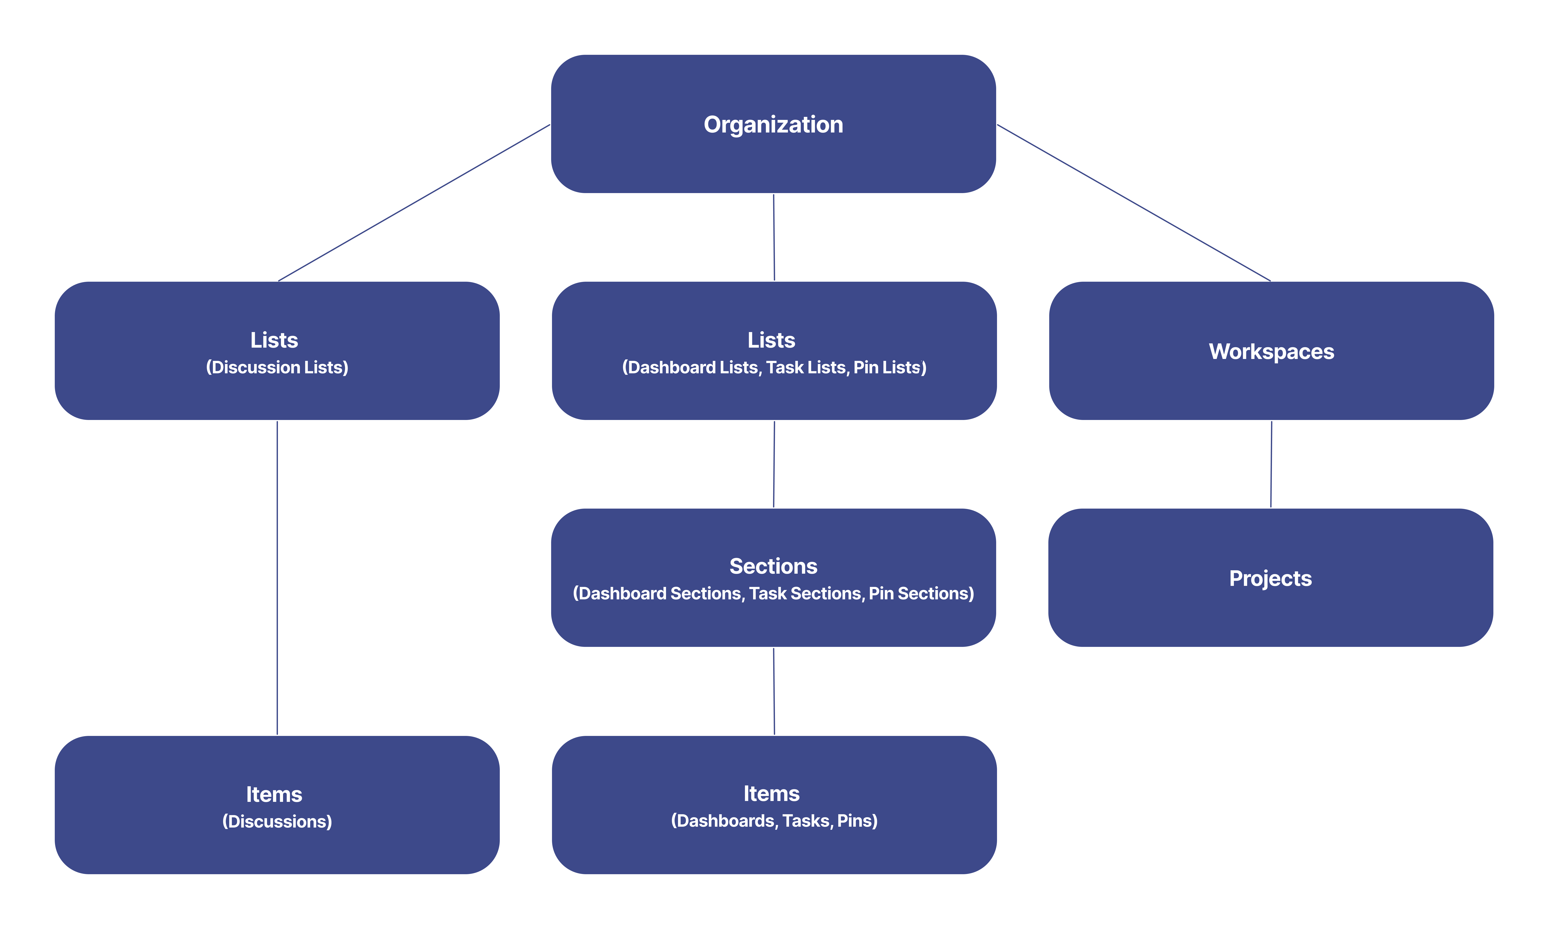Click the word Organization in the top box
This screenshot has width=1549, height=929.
[x=773, y=125]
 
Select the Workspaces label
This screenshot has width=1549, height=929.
[x=1271, y=351]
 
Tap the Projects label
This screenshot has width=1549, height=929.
[x=1270, y=578]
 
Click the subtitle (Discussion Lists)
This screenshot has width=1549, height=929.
[x=277, y=368]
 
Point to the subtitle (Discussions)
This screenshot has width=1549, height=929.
[x=277, y=821]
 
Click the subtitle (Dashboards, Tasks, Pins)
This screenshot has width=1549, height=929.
[x=774, y=821]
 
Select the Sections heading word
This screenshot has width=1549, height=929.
[x=773, y=566]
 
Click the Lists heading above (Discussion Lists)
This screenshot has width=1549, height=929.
[x=274, y=340]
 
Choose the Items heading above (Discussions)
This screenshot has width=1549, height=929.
[x=274, y=794]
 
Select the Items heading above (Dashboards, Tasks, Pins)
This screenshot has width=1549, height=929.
[x=771, y=793]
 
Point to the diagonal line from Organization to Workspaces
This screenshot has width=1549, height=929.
[x=1134, y=203]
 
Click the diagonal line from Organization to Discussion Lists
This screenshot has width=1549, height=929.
[x=414, y=203]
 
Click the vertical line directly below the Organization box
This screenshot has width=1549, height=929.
[x=774, y=238]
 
